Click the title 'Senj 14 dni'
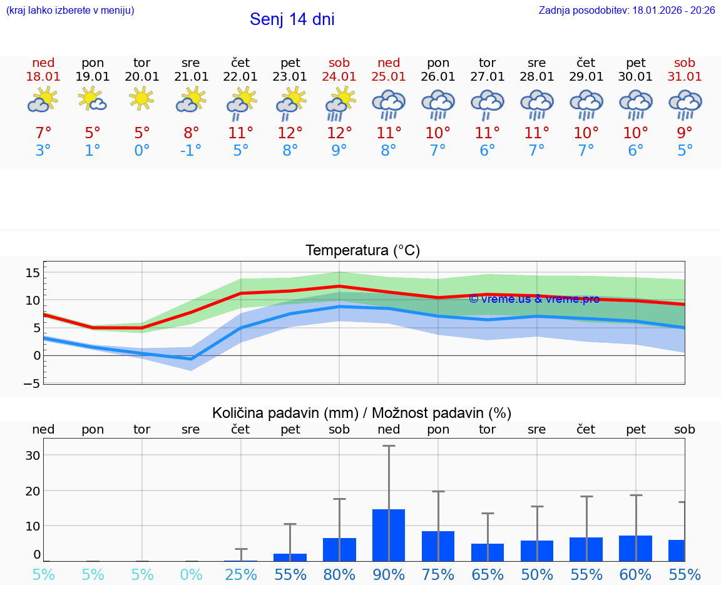pos(292,19)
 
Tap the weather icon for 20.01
pos(142,98)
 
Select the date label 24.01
pos(339,77)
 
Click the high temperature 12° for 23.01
pos(290,133)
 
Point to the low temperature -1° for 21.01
pos(191,151)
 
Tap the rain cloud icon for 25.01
pos(389,104)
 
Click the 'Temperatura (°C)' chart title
pos(362,251)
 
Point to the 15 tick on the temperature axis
pos(33,273)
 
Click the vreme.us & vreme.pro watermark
pos(534,299)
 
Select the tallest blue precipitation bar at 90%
pos(389,535)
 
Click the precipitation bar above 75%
pos(438,546)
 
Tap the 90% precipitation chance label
pos(389,575)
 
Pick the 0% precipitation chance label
pos(191,575)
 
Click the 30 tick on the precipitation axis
pos(33,455)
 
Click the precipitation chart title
pos(362,413)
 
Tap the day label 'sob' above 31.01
pos(685,63)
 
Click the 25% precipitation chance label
pos(241,575)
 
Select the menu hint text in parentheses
pos(70,10)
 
